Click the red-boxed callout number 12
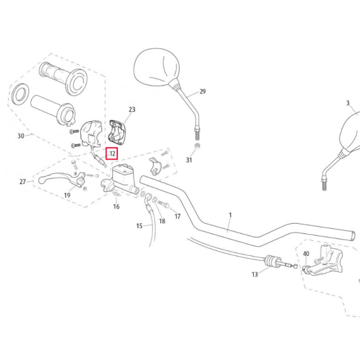pos(111,153)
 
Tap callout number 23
pos(132,110)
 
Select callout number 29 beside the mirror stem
pos(202,92)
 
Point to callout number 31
pos(189,160)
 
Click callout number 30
pos(21,136)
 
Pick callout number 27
pos(23,182)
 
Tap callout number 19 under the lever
pos(67,195)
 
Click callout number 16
pos(116,207)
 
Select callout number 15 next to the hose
pos(139,226)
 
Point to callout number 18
pos(162,221)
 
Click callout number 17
pos(178,216)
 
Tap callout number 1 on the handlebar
pos(230,215)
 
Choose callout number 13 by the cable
pos(255,274)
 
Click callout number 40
pos(306,254)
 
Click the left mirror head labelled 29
pos(155,67)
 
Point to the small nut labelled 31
pos(198,147)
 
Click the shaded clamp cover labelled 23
pos(119,131)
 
